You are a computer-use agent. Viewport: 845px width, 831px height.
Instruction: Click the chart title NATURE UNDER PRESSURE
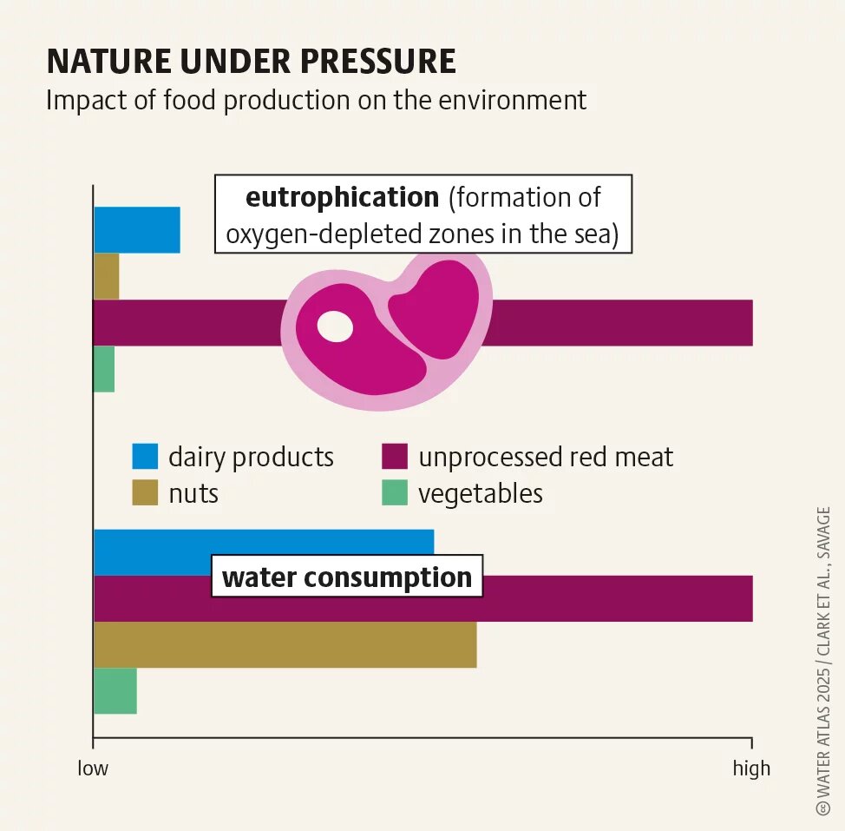click(x=251, y=62)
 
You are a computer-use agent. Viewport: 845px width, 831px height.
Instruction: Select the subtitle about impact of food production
click(x=316, y=100)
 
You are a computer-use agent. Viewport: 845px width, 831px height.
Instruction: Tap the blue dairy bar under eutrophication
click(x=136, y=230)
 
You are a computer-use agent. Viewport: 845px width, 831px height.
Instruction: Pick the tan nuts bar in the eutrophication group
click(x=106, y=276)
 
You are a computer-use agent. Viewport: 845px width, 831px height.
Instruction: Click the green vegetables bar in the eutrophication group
click(x=104, y=369)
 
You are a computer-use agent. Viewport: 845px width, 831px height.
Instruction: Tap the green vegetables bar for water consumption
click(x=115, y=691)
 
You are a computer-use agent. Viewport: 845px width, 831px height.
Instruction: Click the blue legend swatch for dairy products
click(x=145, y=457)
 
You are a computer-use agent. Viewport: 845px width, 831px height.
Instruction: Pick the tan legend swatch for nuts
click(x=145, y=493)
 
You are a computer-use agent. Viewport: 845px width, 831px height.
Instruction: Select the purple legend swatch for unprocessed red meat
click(x=395, y=457)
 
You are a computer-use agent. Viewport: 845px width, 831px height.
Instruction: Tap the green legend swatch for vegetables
click(x=395, y=493)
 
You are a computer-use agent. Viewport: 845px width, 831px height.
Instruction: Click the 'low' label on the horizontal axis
click(x=93, y=768)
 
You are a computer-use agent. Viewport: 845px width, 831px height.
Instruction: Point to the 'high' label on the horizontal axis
click(x=751, y=768)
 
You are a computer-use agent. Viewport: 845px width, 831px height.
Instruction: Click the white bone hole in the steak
click(x=335, y=326)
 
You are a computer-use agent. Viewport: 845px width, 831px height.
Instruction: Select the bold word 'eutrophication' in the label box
click(x=342, y=197)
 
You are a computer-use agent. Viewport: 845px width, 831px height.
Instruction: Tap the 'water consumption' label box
click(x=347, y=577)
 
